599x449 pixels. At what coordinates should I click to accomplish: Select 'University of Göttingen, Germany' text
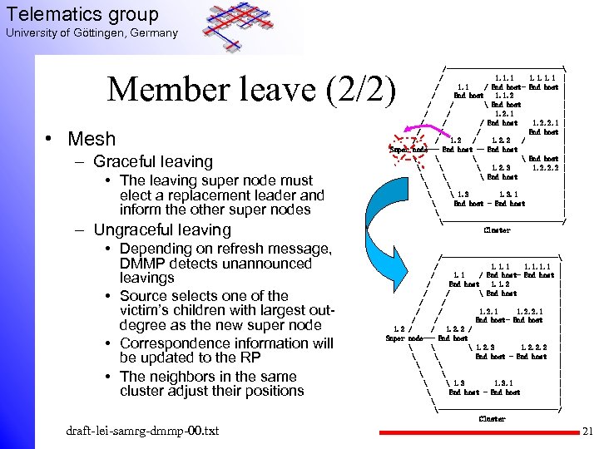point(92,33)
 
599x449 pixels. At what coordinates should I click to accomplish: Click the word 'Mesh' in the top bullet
point(92,138)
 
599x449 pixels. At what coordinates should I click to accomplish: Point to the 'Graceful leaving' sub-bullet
point(153,161)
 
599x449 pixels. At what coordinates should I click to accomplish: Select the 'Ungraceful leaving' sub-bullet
point(162,229)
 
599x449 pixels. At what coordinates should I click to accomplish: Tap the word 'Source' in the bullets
point(146,296)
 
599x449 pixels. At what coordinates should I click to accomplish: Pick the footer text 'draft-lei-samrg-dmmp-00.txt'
point(143,431)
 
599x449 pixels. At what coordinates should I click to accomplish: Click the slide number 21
point(587,432)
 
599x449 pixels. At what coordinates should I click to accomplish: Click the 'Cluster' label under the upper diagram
point(497,229)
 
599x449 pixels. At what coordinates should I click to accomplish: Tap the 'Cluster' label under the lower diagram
point(492,419)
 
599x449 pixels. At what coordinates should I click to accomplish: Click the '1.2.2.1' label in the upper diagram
point(545,122)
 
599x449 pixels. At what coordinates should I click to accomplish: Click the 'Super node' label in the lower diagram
point(403,338)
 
